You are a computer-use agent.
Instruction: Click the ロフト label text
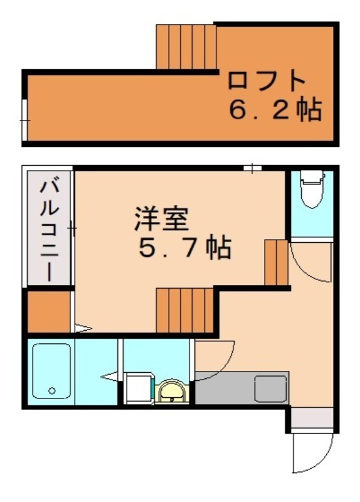pyautogui.click(x=267, y=81)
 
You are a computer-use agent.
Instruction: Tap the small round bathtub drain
pyautogui.click(x=51, y=391)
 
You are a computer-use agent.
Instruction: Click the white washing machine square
pyautogui.click(x=139, y=388)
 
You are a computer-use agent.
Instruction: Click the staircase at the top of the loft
pyautogui.click(x=186, y=48)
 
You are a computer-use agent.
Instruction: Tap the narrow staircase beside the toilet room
pyautogui.click(x=276, y=262)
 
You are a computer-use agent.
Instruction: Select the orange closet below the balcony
pyautogui.click(x=48, y=312)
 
